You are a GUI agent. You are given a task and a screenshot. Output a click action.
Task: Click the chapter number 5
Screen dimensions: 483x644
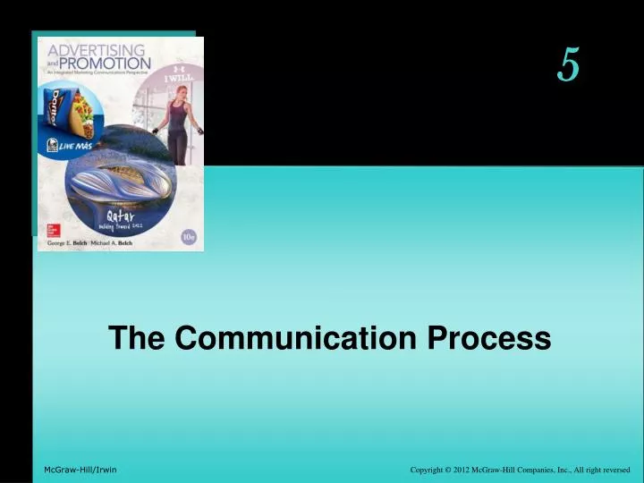[x=569, y=64]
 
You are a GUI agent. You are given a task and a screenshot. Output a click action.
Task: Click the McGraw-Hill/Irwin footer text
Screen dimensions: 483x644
[x=80, y=470]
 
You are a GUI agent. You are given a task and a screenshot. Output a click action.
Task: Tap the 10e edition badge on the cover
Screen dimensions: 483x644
[x=188, y=237]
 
